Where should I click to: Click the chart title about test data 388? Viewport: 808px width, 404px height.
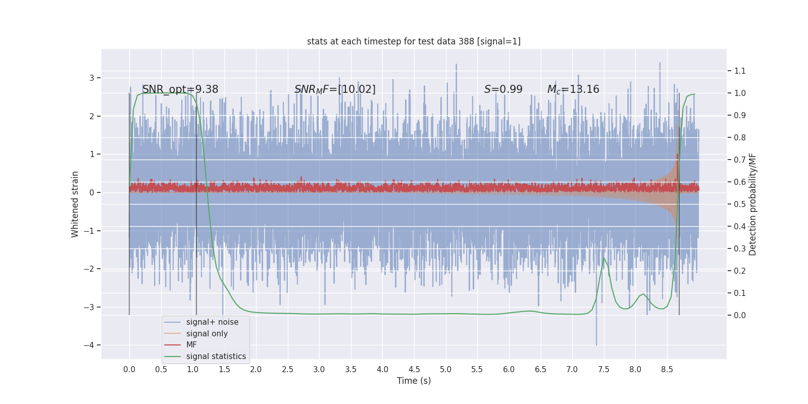click(x=414, y=41)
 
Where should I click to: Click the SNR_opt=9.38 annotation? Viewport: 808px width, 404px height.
click(x=180, y=89)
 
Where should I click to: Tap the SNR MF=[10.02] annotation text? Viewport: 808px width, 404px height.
click(x=335, y=89)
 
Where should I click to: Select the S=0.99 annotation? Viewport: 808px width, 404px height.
click(x=503, y=89)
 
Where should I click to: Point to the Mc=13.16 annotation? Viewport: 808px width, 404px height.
click(x=573, y=89)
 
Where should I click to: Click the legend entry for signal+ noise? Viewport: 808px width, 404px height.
click(x=212, y=322)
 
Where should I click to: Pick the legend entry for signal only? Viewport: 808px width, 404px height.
click(x=207, y=334)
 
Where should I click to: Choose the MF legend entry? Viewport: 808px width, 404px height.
click(x=191, y=345)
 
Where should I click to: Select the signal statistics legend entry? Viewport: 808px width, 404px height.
click(x=216, y=357)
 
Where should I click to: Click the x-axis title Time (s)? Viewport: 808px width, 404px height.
click(x=414, y=381)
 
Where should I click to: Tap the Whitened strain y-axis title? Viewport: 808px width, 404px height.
click(x=75, y=204)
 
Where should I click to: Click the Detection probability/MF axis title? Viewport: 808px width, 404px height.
click(x=752, y=204)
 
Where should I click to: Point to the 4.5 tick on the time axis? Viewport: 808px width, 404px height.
click(x=414, y=369)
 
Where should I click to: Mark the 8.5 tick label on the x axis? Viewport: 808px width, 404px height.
click(x=667, y=369)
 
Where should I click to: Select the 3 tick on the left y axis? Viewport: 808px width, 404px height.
click(x=92, y=78)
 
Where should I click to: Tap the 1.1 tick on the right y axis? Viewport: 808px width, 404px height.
click(x=740, y=71)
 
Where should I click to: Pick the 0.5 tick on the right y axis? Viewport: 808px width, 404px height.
click(x=740, y=204)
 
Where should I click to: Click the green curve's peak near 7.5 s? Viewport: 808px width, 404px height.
click(x=604, y=258)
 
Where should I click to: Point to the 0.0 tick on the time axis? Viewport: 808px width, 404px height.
click(x=129, y=369)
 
